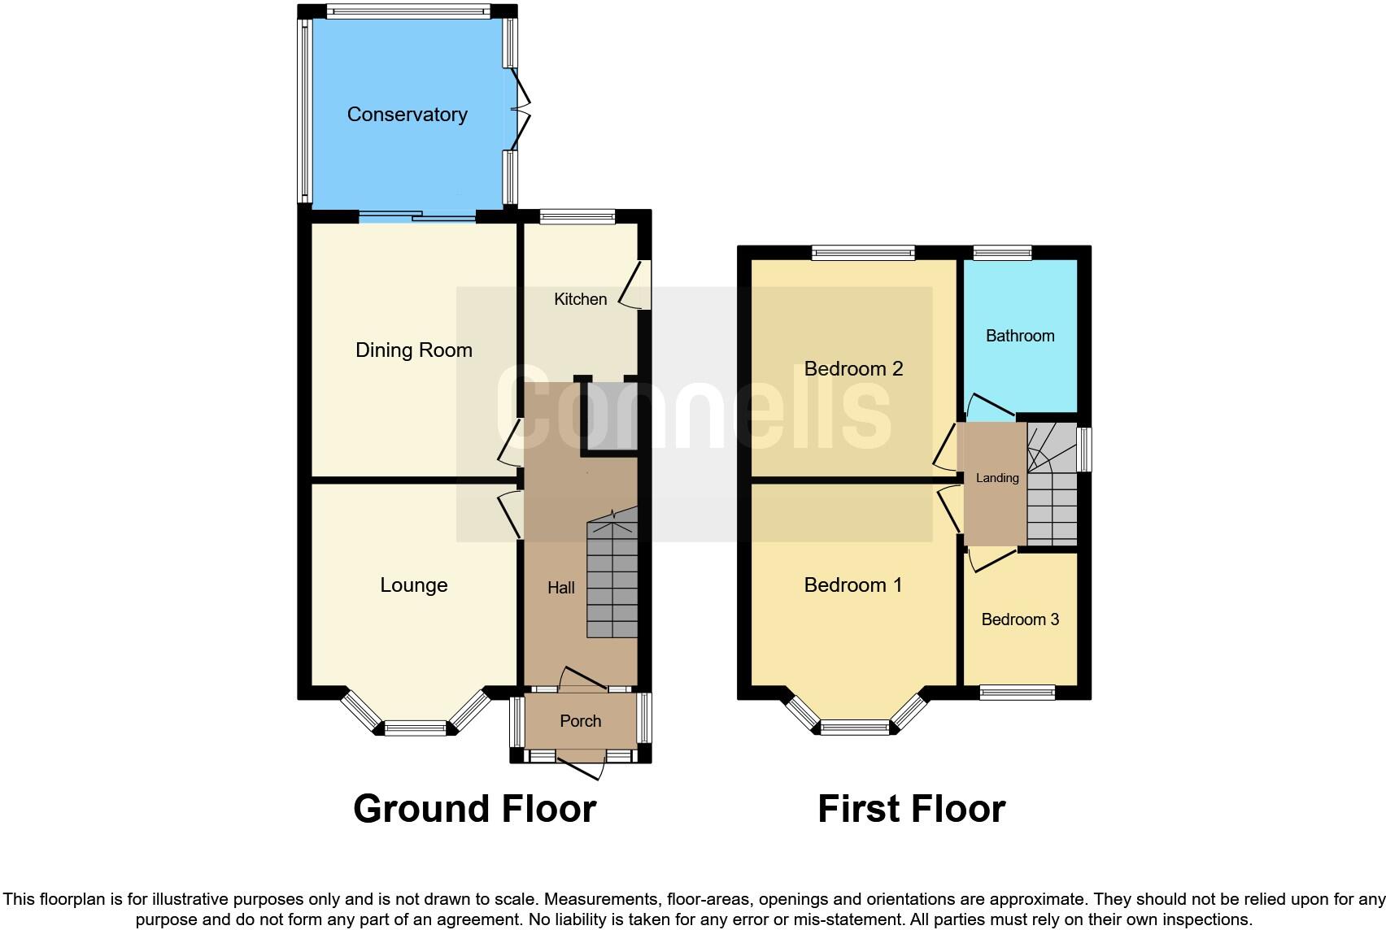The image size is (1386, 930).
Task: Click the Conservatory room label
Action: click(407, 115)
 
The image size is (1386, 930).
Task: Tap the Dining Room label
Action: click(413, 350)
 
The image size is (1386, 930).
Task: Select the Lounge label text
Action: click(413, 585)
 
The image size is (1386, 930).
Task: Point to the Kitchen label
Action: click(580, 299)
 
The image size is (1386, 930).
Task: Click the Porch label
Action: click(580, 721)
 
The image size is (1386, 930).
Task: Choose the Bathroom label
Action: click(1019, 336)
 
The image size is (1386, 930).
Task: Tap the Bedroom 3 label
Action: click(1019, 619)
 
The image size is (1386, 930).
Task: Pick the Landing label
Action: click(996, 478)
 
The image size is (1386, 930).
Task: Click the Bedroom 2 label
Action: click(853, 369)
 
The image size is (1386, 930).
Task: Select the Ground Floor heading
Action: click(474, 809)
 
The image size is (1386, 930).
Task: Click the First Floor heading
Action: click(911, 809)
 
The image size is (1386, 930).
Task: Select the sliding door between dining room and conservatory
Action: click(417, 217)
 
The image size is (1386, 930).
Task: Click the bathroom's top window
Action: click(1002, 253)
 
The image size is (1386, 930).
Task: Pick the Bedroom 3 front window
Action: click(1017, 693)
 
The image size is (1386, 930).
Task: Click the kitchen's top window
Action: click(577, 217)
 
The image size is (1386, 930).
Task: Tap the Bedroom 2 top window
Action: click(862, 253)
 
